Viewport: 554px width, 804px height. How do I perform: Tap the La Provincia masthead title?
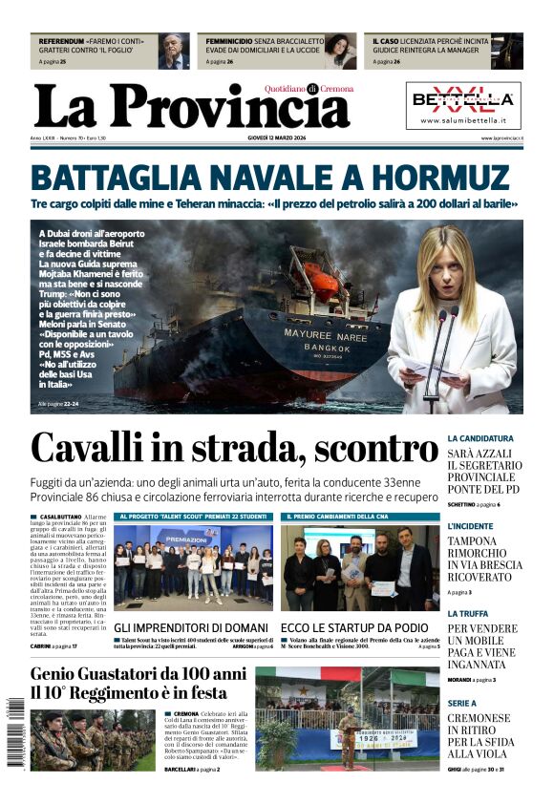pyautogui.click(x=191, y=106)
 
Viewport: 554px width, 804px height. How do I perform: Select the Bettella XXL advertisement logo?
pyautogui.click(x=463, y=99)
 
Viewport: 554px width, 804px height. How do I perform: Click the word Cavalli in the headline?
pyautogui.click(x=92, y=448)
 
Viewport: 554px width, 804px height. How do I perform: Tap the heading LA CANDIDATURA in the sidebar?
pyautogui.click(x=480, y=438)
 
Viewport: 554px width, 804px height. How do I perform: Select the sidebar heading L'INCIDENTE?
pyautogui.click(x=470, y=526)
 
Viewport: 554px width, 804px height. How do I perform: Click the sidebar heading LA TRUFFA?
pyautogui.click(x=467, y=614)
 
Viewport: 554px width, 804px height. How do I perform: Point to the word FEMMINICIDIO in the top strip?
pyautogui.click(x=229, y=42)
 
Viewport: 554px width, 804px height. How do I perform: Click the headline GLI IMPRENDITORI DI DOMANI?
pyautogui.click(x=191, y=627)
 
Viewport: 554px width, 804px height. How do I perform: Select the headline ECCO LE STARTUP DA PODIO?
pyautogui.click(x=354, y=627)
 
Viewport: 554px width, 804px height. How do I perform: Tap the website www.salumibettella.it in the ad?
pyautogui.click(x=463, y=121)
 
